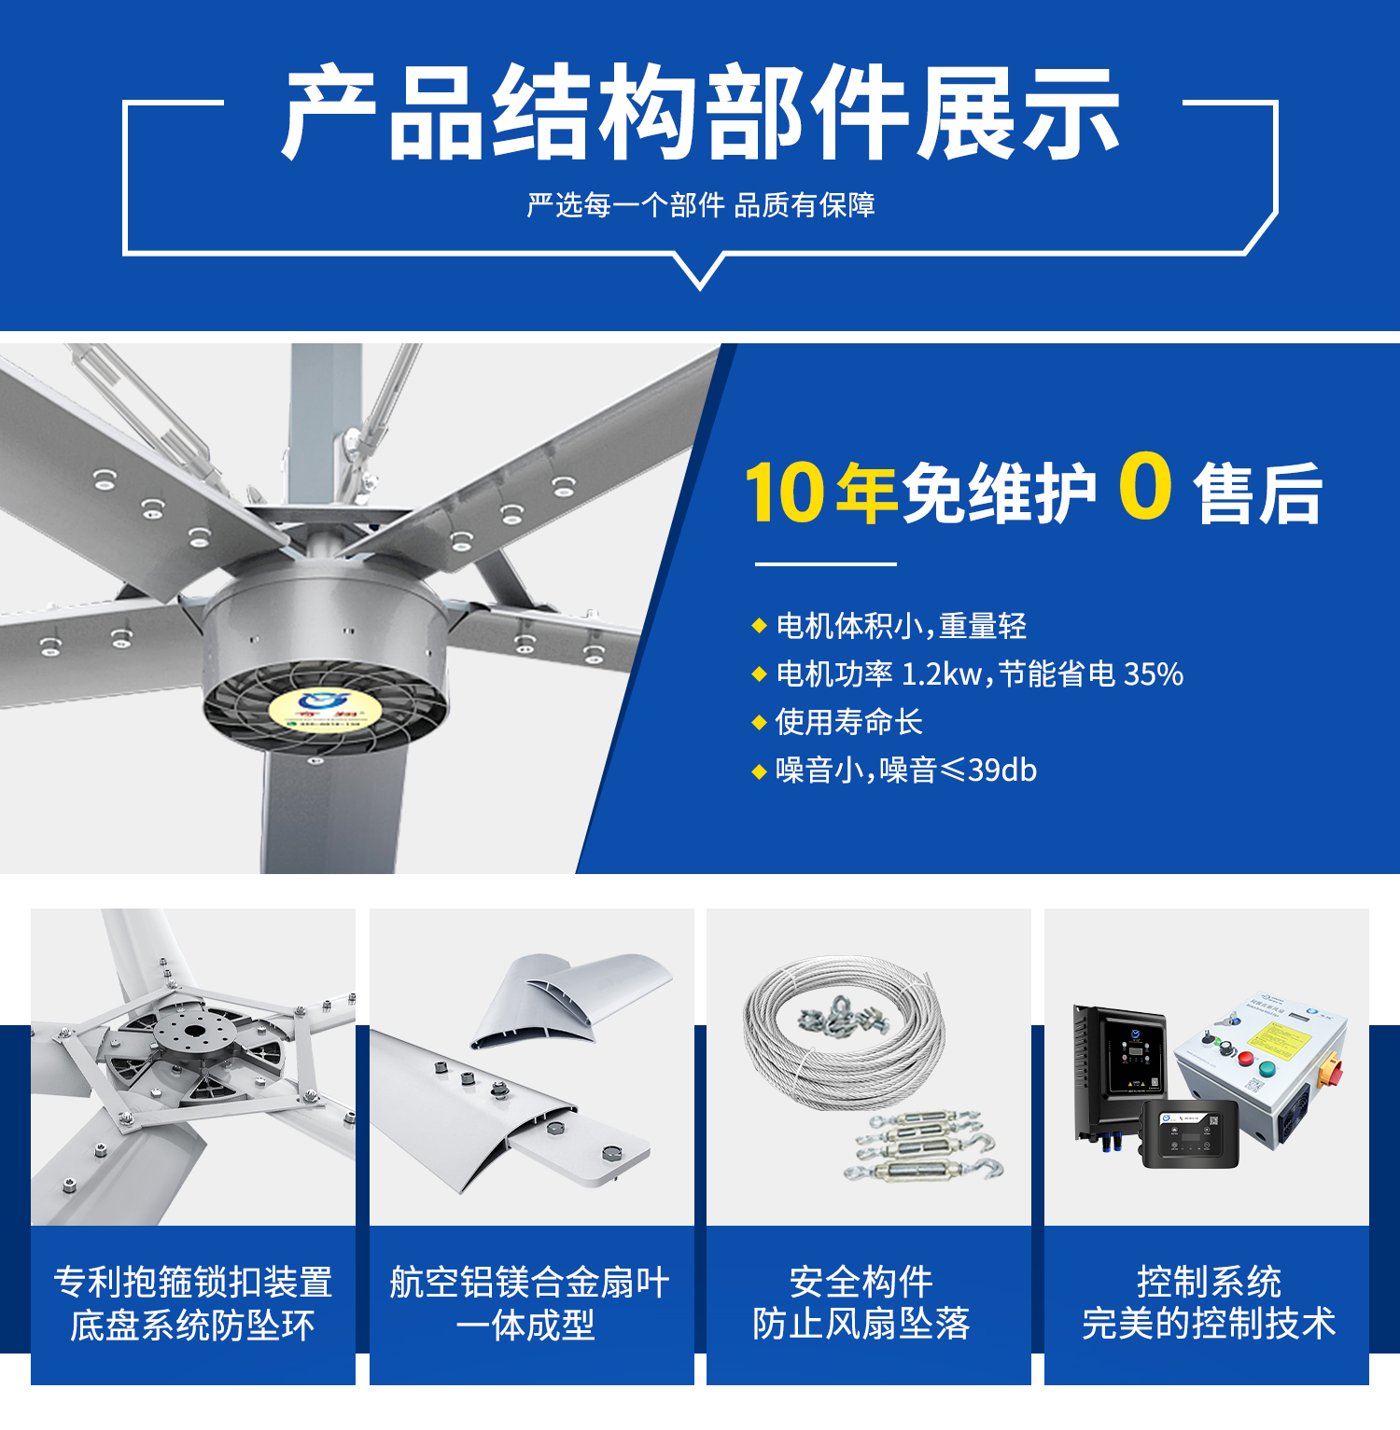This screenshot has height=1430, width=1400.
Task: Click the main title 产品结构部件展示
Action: point(700,114)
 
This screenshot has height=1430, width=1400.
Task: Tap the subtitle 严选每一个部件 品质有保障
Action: point(700,205)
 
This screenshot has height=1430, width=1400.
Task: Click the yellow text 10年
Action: point(820,493)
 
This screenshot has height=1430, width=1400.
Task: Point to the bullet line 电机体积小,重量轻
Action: point(901,626)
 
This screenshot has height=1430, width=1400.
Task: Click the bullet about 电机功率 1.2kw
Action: point(979,673)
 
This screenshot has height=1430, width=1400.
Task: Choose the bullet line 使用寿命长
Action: point(848,722)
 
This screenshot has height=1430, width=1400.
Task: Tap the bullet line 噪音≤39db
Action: point(905,771)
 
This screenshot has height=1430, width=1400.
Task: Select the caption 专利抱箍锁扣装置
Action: point(193,1283)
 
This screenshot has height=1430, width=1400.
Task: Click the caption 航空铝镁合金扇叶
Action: point(529,1283)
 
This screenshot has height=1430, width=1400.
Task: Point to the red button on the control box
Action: point(1245,1059)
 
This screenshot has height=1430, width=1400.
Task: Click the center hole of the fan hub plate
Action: point(195,1031)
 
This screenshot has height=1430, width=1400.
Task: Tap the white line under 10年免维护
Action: point(825,564)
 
